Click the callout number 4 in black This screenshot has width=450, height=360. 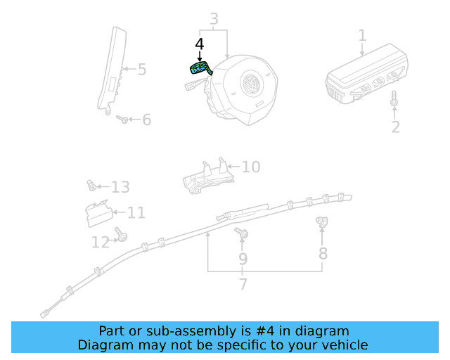[x=199, y=44]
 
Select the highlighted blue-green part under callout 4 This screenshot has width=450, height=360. [x=200, y=68]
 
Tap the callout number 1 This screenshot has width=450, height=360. [x=362, y=35]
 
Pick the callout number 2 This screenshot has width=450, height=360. [x=395, y=127]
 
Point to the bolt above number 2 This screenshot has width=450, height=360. [x=394, y=100]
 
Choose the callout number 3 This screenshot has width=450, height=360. [x=214, y=20]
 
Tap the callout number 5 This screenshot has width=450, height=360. [x=141, y=70]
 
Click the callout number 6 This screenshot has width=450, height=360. [x=146, y=120]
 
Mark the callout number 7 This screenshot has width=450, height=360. [x=243, y=285]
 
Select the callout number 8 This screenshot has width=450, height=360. [x=323, y=253]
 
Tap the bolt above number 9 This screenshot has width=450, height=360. [x=242, y=233]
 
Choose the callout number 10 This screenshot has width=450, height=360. [x=250, y=167]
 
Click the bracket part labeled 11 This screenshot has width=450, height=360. [x=96, y=213]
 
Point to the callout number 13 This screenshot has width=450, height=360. [x=120, y=187]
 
